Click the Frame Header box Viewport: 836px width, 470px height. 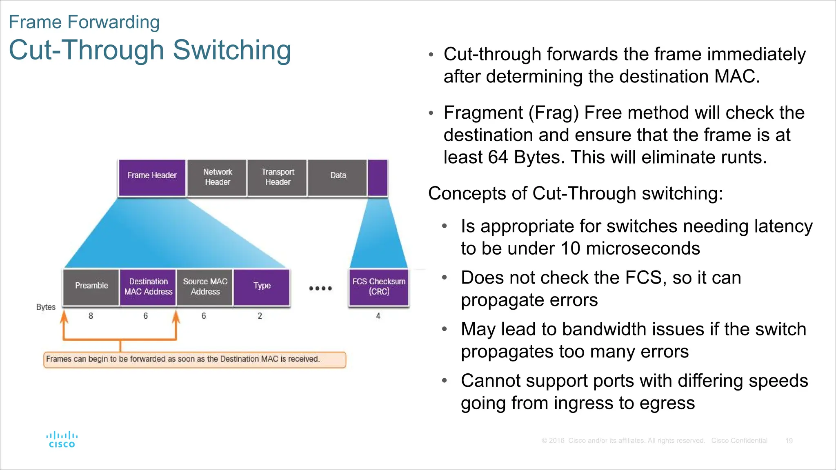point(152,177)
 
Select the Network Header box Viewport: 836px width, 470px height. point(217,177)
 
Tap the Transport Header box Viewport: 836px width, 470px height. point(278,177)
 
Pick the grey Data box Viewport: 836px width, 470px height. point(338,177)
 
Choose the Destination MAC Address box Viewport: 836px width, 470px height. point(148,287)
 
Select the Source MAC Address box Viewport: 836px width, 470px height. point(205,287)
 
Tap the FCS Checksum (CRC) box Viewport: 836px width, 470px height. point(379,287)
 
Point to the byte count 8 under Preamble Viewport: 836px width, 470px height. point(91,316)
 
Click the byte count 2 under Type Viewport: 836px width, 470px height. point(260,316)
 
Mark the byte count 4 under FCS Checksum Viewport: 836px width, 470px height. point(378,316)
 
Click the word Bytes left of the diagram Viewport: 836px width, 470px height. point(46,307)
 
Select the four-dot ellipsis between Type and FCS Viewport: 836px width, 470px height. point(320,288)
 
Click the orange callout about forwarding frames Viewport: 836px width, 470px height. point(195,359)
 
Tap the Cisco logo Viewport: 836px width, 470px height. point(62,440)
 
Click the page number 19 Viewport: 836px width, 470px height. point(789,441)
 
